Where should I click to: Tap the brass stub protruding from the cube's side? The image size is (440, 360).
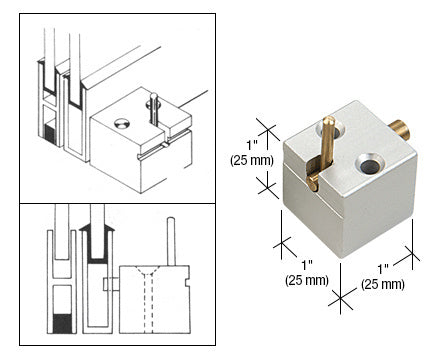click(400, 130)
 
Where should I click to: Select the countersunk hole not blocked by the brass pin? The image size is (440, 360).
click(368, 164)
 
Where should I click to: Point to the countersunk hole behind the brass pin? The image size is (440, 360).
click(330, 131)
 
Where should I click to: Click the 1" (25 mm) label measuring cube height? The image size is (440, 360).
click(252, 153)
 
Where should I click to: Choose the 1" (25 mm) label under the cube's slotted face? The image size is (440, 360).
click(307, 273)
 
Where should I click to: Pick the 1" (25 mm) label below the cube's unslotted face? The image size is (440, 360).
click(383, 276)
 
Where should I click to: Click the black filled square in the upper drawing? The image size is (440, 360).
click(50, 134)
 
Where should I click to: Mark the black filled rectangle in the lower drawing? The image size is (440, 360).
click(62, 323)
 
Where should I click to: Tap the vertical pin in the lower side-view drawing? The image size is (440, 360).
click(171, 241)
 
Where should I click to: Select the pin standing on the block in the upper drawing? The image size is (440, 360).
click(153, 108)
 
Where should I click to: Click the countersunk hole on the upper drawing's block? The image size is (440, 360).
click(122, 124)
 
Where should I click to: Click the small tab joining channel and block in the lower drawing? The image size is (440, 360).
click(111, 284)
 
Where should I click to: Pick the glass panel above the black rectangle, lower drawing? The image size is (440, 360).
click(62, 231)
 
